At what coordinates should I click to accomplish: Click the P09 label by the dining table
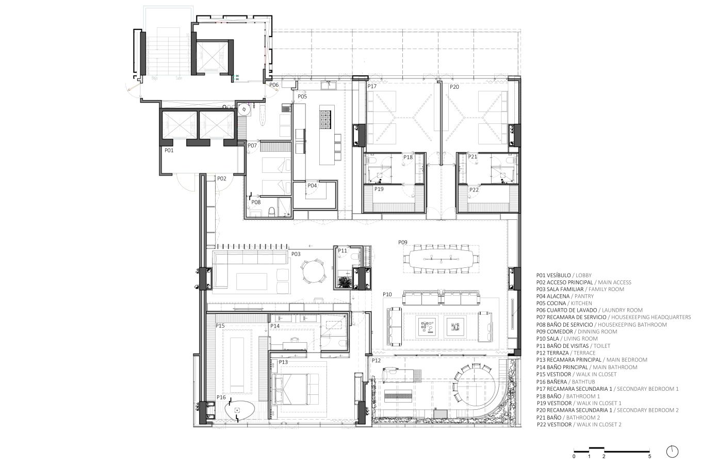pos(403,243)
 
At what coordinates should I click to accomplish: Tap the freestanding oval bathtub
pos(240,410)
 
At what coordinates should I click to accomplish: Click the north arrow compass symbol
pos(672,452)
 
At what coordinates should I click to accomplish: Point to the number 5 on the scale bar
pos(649,456)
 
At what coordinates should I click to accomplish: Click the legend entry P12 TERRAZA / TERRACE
pos(566,353)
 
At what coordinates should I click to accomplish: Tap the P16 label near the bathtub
pos(221,397)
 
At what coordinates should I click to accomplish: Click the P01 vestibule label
pos(169,150)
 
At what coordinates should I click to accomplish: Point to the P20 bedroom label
pos(454,87)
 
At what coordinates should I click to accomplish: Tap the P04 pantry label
pos(312,185)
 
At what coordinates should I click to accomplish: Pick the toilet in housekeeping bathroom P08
pos(272,212)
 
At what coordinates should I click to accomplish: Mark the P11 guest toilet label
pos(343,251)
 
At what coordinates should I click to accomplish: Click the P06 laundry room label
pos(274,85)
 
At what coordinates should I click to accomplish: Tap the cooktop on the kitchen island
pos(325,119)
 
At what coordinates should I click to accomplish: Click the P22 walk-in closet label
pos(474,190)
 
